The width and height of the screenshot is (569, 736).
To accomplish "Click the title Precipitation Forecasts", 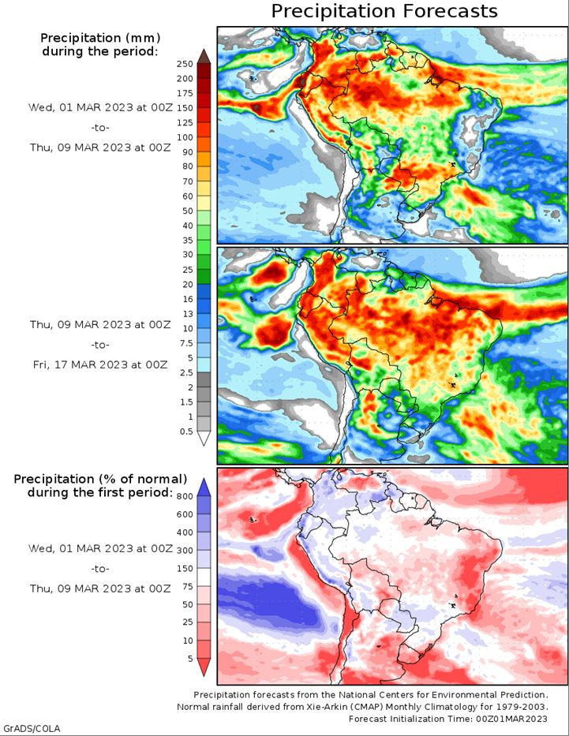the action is pos(384,11).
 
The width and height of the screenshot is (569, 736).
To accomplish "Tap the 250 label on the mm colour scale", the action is pos(185,64).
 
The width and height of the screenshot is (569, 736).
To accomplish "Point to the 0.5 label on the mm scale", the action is pos(186,432).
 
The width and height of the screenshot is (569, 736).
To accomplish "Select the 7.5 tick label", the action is pos(186,343).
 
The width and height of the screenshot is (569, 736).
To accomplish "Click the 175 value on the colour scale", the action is pos(185,93).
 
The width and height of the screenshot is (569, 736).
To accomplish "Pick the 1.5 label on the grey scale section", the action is pos(186,402).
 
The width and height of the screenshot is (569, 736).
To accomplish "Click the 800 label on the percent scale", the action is pos(185,497).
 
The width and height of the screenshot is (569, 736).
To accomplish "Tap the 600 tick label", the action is pos(185,514).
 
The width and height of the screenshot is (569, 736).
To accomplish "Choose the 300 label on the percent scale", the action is pos(185,551).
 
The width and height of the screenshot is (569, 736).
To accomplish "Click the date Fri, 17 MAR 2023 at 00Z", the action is pos(100,364).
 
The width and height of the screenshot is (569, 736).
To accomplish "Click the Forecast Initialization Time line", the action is pos(448,719).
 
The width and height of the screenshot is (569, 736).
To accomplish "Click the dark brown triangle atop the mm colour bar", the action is pos(204,56).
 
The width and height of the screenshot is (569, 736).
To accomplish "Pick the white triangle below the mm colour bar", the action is pos(204,439).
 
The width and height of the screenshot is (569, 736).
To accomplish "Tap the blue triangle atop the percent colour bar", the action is pos(204,488).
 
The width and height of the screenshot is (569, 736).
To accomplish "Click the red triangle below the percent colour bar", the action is pos(204,667).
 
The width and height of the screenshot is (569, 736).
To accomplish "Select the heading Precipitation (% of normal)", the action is pos(100,480).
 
